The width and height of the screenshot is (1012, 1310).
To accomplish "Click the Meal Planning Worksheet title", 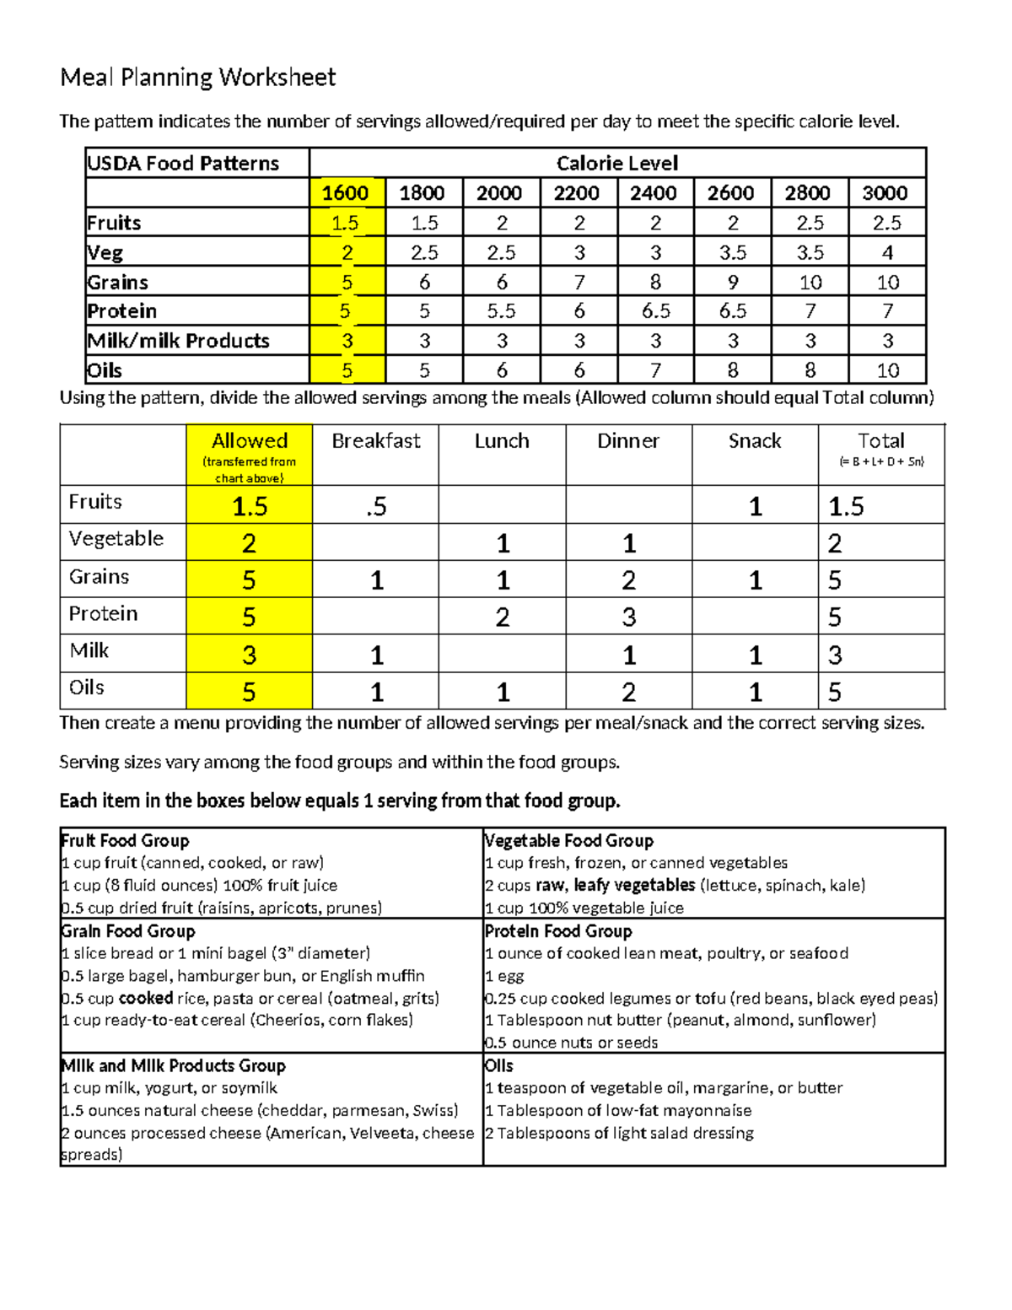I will (x=197, y=78).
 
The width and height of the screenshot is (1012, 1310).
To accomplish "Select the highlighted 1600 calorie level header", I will (x=346, y=193).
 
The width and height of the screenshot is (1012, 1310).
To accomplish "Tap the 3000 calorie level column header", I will (x=885, y=193).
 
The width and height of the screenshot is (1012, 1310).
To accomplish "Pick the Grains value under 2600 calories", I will (x=732, y=282).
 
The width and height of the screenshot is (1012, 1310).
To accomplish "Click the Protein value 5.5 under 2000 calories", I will (x=501, y=311).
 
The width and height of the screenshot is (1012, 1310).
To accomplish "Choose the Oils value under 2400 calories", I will (x=655, y=370).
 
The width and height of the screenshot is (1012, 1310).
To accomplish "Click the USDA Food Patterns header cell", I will (x=183, y=164).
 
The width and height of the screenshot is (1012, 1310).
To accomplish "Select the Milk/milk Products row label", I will (x=178, y=341).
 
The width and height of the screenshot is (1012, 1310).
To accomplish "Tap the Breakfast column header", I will (x=375, y=441).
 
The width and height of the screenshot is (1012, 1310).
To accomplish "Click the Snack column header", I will (x=755, y=441).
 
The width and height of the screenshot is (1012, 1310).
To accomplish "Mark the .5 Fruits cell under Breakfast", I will (x=376, y=506).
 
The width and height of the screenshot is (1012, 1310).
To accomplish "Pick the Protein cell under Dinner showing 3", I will (x=629, y=617).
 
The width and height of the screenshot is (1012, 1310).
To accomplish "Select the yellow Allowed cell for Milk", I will (x=249, y=655).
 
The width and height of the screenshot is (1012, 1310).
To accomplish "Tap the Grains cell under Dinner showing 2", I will (x=629, y=580).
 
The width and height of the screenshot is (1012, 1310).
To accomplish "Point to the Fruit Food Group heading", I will (x=125, y=840).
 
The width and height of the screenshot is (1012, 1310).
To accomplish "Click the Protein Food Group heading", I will (x=558, y=931).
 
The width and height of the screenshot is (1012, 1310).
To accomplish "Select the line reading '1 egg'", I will (x=504, y=976).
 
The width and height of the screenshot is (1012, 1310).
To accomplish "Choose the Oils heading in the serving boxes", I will (x=499, y=1065).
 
